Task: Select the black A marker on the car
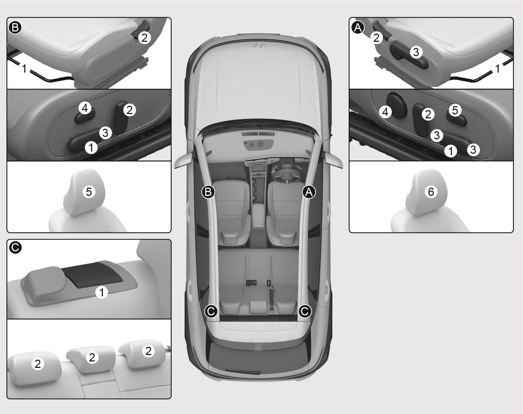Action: (x=309, y=192)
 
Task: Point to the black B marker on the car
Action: (x=208, y=192)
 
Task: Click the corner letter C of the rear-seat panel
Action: (x=15, y=248)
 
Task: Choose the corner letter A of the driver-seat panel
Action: (x=358, y=28)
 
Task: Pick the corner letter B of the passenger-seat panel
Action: (x=15, y=28)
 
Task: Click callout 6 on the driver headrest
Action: (x=431, y=192)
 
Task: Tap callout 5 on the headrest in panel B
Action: (x=89, y=192)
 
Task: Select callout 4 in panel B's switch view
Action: (x=85, y=108)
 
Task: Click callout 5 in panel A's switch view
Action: (x=455, y=110)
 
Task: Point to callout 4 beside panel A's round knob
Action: (x=385, y=112)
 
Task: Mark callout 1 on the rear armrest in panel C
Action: (x=101, y=292)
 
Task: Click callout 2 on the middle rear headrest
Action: (x=92, y=357)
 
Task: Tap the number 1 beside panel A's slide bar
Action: (x=498, y=69)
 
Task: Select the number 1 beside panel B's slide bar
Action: (x=24, y=69)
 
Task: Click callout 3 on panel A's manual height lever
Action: (x=416, y=52)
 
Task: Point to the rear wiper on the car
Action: (x=242, y=372)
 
